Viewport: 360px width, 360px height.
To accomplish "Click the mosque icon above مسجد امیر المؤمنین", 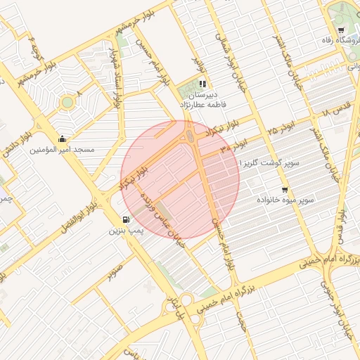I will coord(63,139).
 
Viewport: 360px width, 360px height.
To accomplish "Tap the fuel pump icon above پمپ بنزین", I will coord(126,219).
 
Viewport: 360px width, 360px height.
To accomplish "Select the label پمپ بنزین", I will coord(127,230).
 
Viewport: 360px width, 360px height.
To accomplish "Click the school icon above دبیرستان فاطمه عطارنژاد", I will coord(203,84).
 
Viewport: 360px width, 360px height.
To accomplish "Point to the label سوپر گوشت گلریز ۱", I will coord(269,162).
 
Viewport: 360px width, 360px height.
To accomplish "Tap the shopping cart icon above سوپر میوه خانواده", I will coord(285,190).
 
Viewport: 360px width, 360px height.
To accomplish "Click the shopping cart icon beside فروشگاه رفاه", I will coord(341,30).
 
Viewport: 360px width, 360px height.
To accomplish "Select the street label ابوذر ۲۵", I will coord(280,131).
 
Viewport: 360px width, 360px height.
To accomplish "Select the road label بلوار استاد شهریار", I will coord(112,70).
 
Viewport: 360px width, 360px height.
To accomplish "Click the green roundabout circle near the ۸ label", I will coord(67,103).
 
